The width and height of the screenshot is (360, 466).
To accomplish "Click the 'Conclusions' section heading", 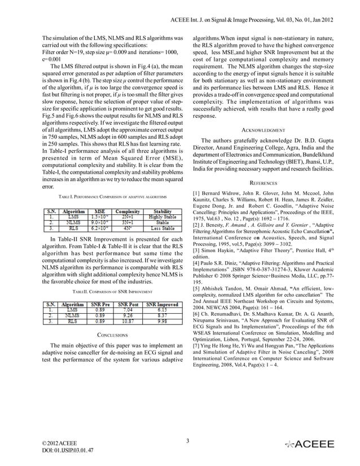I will click(111, 335).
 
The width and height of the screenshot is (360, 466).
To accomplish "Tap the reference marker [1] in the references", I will click(197, 195).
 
